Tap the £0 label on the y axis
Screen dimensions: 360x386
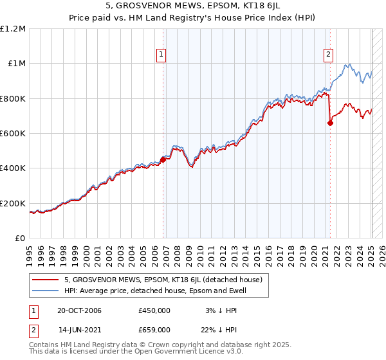tap(21, 238)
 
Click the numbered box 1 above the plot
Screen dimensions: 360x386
tap(160, 55)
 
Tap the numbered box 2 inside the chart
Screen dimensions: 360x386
tap(328, 55)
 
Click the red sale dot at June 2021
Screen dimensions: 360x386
tap(330, 123)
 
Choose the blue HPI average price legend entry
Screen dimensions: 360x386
tap(155, 291)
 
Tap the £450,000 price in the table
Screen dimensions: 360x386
tap(154, 310)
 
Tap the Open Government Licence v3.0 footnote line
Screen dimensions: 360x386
tap(136, 352)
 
